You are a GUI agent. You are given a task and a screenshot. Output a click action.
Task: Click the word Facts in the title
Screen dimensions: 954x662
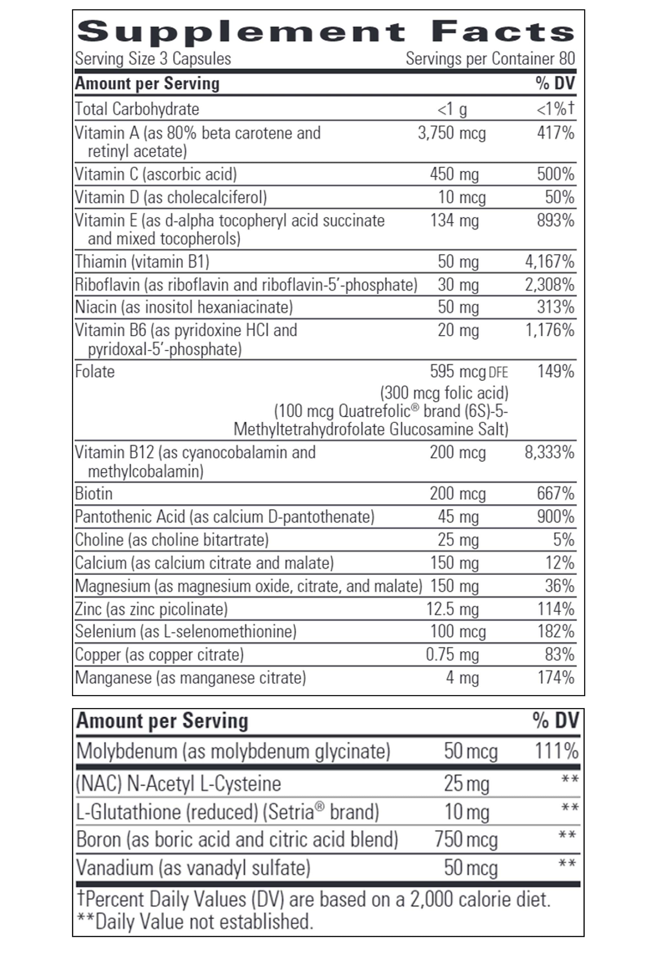503,32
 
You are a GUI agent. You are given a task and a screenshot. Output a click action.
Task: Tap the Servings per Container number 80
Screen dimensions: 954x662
567,59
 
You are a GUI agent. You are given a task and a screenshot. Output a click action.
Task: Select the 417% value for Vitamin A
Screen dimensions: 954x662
555,133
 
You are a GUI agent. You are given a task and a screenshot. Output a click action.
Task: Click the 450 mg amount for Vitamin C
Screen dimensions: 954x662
454,174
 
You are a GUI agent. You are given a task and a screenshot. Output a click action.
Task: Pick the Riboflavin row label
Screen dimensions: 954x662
107,285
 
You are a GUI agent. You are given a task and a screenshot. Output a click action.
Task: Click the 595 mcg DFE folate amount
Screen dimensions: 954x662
468,372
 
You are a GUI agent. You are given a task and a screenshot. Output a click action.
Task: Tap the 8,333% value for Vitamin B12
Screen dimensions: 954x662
549,453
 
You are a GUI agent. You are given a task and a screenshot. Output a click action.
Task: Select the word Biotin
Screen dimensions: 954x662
93,494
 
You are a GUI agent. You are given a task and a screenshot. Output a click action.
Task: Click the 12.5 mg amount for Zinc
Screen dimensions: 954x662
452,609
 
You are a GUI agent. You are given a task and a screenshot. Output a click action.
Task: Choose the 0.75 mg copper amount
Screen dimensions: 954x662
452,655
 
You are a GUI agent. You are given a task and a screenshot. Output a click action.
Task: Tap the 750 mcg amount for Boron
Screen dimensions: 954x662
466,839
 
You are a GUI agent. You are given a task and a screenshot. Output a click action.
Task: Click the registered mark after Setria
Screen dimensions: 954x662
319,806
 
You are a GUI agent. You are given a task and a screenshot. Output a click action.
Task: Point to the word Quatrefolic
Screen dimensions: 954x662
374,411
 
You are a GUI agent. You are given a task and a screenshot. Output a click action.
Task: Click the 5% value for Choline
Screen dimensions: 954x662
563,540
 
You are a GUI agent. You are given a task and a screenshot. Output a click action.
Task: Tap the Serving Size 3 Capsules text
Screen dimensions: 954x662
153,59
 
